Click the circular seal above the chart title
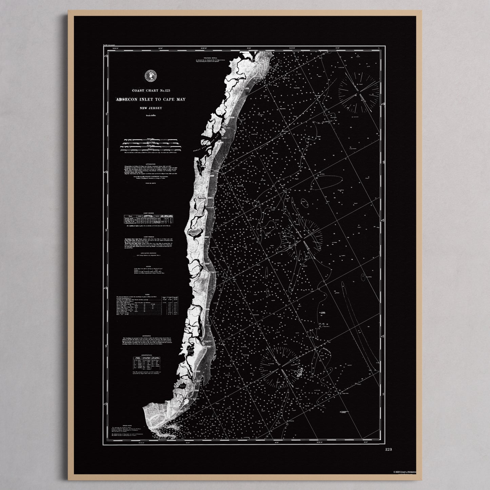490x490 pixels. pyautogui.click(x=150, y=76)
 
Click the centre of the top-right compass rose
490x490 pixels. pyautogui.click(x=358, y=92)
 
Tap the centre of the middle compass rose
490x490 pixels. pyautogui.click(x=305, y=236)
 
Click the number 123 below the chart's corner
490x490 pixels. pyautogui.click(x=389, y=449)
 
